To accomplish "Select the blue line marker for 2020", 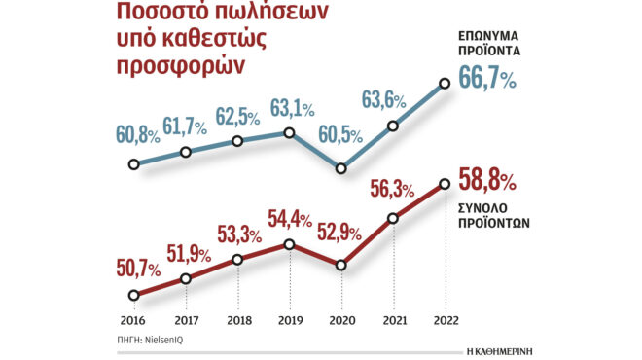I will tap(341, 168).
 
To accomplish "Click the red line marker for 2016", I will tap(134, 295).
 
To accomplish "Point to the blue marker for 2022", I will tap(446, 84).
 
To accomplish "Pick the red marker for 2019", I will tap(290, 243).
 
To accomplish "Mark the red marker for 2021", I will tap(394, 218).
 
